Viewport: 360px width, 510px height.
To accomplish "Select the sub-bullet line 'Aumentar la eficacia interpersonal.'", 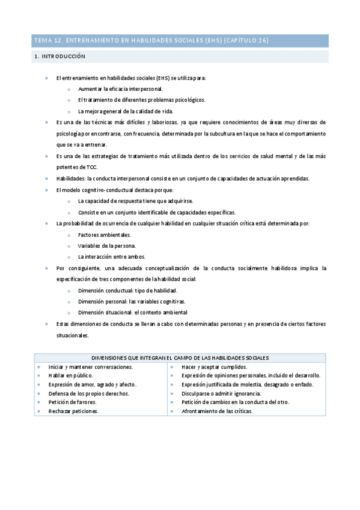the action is (x=120, y=89).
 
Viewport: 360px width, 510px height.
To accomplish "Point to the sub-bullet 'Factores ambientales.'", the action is (x=104, y=235).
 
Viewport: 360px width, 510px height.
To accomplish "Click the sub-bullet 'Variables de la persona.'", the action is (x=107, y=245).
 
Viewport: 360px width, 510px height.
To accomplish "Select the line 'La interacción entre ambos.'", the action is (x=112, y=256).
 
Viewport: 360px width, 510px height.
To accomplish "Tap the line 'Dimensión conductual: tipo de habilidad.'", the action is (x=127, y=290).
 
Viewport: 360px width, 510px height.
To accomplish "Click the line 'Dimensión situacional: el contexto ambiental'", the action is (x=132, y=313).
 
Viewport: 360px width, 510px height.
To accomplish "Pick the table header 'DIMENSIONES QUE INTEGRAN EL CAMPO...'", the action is (x=180, y=358).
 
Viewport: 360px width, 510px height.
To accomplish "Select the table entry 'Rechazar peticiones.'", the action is (x=73, y=411).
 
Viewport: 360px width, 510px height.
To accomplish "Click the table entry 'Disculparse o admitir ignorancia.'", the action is (x=221, y=393).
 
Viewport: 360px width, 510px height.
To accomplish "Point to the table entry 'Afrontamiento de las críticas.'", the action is (x=217, y=411).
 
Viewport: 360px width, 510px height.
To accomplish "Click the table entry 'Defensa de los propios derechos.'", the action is (x=88, y=393).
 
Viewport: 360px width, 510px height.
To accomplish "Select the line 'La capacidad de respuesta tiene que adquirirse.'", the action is (x=136, y=201).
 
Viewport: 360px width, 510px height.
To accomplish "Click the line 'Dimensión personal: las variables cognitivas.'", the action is (x=132, y=301).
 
